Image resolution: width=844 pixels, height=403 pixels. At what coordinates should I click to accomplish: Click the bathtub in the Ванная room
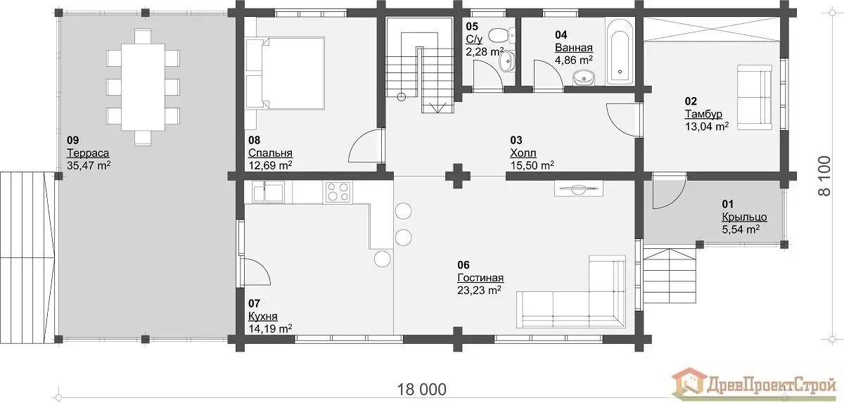[620, 51]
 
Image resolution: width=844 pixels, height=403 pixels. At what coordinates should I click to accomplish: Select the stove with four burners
[338, 192]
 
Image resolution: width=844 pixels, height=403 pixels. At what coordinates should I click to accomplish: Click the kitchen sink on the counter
[268, 192]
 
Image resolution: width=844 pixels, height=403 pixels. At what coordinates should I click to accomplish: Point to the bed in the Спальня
[286, 73]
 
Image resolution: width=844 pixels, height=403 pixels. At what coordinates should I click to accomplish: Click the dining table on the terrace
[143, 87]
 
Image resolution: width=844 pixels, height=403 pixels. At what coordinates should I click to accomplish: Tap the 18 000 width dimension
[421, 390]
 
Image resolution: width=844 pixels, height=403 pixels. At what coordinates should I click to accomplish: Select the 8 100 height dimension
[824, 176]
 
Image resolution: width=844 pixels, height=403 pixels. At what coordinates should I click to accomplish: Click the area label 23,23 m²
[479, 290]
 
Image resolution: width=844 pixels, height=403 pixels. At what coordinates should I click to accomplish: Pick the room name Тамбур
[703, 114]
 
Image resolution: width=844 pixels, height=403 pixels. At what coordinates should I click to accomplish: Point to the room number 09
[72, 140]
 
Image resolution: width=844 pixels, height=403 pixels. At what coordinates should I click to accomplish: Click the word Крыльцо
[744, 217]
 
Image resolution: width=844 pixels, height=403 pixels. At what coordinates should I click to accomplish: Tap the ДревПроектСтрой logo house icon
[689, 385]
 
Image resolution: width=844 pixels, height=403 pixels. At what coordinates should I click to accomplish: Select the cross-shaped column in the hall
[458, 176]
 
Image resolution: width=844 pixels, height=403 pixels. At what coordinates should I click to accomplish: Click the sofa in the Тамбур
[754, 98]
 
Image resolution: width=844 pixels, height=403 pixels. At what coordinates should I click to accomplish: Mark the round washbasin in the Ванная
[584, 78]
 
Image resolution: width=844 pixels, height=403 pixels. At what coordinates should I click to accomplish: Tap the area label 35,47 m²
[89, 165]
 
